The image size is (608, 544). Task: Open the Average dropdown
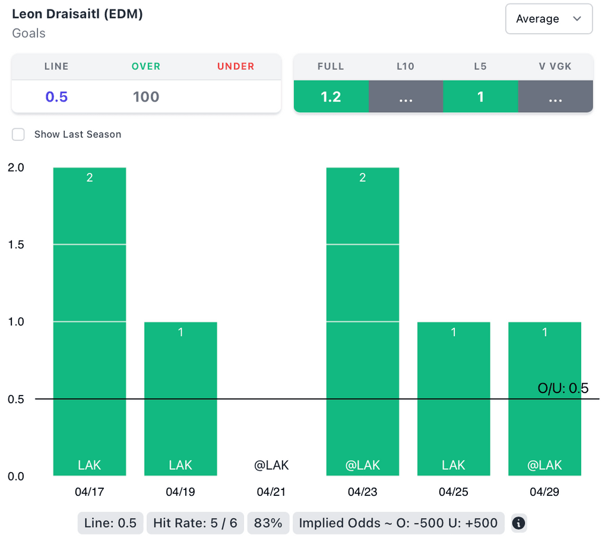[x=549, y=19]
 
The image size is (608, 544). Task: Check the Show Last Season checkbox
[x=19, y=134]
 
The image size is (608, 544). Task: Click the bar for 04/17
[x=90, y=321]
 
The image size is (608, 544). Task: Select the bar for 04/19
[x=180, y=398]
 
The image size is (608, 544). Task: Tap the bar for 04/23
[x=362, y=321]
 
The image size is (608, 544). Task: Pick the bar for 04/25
[x=454, y=398]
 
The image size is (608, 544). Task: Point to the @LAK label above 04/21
[x=271, y=465]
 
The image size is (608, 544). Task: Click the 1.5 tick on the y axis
[x=16, y=245]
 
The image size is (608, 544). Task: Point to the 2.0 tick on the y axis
[x=16, y=167]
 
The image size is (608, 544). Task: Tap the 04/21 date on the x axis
[x=271, y=492]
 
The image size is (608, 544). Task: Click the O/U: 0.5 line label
[x=563, y=388]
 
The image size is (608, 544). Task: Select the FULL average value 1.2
[x=331, y=97]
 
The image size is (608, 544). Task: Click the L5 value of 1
[x=480, y=97]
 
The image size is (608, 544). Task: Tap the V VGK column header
[x=555, y=67]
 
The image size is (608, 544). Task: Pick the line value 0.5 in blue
[x=56, y=97]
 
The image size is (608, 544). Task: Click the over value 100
[x=146, y=97]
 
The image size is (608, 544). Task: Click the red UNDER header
[x=236, y=67]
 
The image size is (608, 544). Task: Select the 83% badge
[x=268, y=523]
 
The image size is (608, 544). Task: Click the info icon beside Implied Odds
[x=518, y=523]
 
